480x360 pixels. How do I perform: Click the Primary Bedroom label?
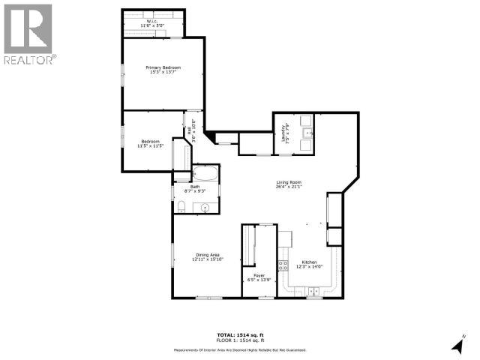(x=163, y=70)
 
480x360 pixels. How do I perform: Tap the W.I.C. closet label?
(x=154, y=24)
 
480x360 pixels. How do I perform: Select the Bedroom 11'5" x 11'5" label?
(x=150, y=144)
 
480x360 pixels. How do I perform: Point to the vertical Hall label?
(x=193, y=131)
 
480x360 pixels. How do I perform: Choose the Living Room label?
(x=289, y=184)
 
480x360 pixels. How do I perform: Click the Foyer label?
(x=258, y=277)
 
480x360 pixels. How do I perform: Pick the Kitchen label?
(x=310, y=264)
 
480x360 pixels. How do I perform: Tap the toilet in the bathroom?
(x=181, y=207)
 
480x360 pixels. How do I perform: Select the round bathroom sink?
(x=203, y=207)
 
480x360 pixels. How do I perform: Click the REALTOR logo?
(x=28, y=34)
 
